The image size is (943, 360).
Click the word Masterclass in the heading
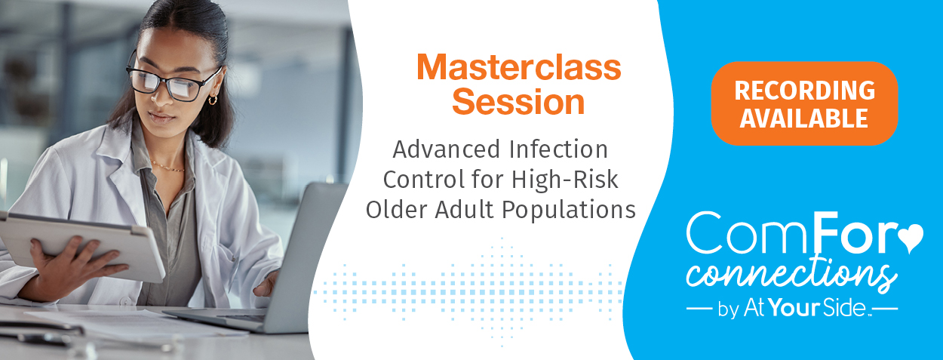519,67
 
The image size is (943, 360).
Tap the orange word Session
518,102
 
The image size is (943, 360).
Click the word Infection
558,149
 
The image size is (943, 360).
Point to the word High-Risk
564,180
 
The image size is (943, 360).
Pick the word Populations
569,211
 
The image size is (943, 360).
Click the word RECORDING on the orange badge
804,90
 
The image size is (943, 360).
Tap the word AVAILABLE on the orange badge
803,118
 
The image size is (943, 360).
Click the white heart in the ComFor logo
911,237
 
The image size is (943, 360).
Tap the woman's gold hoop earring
213,100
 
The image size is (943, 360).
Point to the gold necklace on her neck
167,167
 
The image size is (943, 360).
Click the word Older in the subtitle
396,210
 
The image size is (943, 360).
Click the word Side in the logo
843,308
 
